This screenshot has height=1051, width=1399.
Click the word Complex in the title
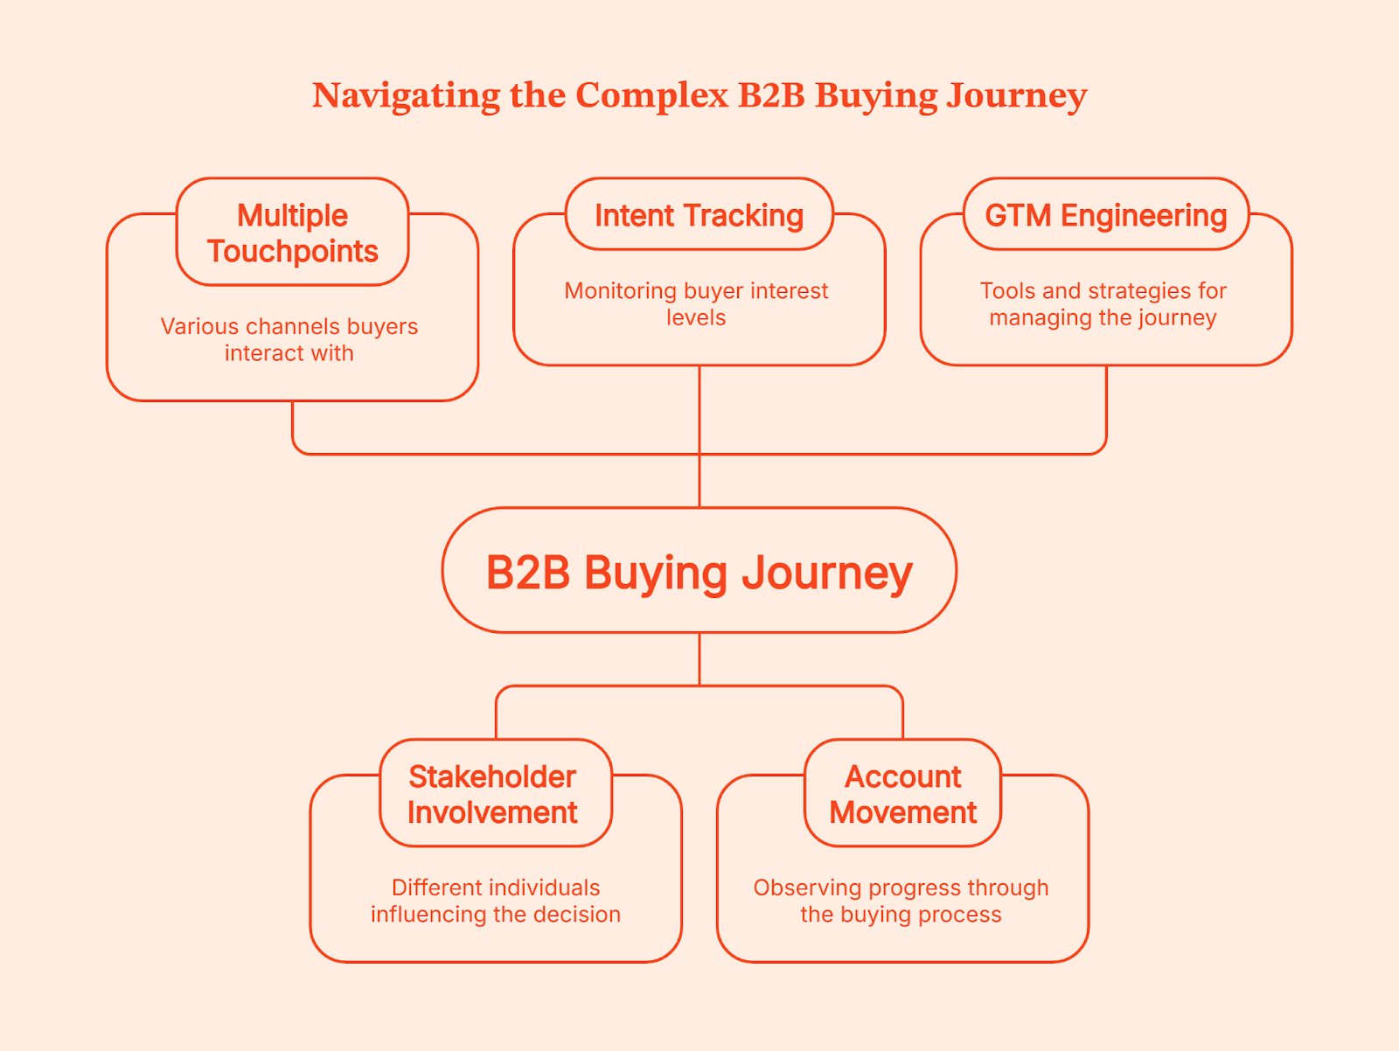(x=651, y=95)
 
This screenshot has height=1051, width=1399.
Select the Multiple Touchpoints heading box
(x=292, y=233)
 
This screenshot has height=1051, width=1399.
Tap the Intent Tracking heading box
(x=699, y=215)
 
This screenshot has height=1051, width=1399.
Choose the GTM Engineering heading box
(x=1106, y=215)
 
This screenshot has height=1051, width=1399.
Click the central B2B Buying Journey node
(x=699, y=571)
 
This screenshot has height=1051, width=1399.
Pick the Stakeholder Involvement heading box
(x=495, y=794)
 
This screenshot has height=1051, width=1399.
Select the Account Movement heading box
(x=902, y=794)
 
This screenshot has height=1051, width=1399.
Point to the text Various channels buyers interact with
(x=289, y=339)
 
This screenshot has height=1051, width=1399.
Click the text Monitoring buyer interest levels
(x=696, y=303)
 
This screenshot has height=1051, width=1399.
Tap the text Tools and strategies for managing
(x=1103, y=303)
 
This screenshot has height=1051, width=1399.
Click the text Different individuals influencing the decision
(x=495, y=901)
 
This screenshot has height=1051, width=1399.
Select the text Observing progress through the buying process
(x=901, y=901)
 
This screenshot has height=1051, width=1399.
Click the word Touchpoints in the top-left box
(x=293, y=252)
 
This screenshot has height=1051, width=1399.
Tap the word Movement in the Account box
(x=902, y=813)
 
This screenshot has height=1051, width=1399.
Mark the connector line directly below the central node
(x=699, y=658)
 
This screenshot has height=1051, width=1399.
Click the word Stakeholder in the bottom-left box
(x=492, y=776)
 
